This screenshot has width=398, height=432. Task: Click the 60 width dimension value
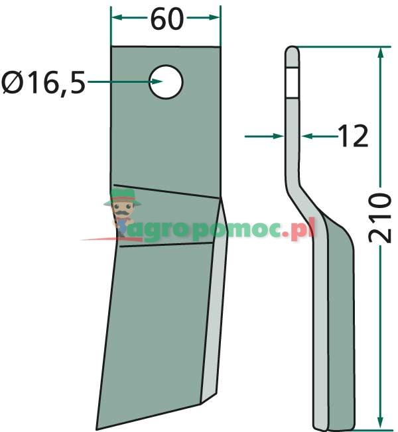tap(166, 19)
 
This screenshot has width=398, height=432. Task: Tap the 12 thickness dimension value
tap(353, 136)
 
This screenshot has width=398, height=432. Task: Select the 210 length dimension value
tap(380, 218)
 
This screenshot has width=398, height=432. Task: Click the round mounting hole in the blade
tap(165, 82)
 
